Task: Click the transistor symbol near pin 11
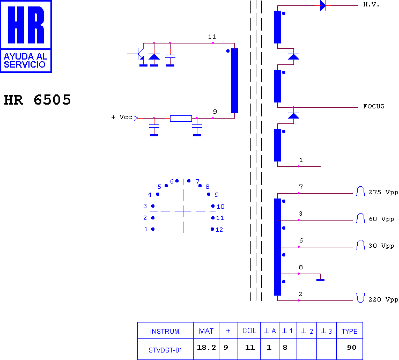(140, 54)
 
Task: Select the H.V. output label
(371, 5)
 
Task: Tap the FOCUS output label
(374, 106)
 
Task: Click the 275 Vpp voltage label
(383, 192)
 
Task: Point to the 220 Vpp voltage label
(383, 299)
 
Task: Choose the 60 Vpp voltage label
(381, 219)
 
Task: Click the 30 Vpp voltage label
(381, 246)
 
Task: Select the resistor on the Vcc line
(181, 119)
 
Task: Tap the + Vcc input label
(122, 117)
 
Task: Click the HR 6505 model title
(37, 100)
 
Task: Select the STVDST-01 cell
(165, 350)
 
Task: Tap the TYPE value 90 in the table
(352, 347)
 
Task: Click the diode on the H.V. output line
(323, 5)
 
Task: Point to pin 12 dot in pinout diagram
(212, 229)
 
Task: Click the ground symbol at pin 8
(320, 280)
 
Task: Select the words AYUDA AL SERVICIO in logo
(25, 60)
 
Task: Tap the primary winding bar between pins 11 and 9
(234, 80)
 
